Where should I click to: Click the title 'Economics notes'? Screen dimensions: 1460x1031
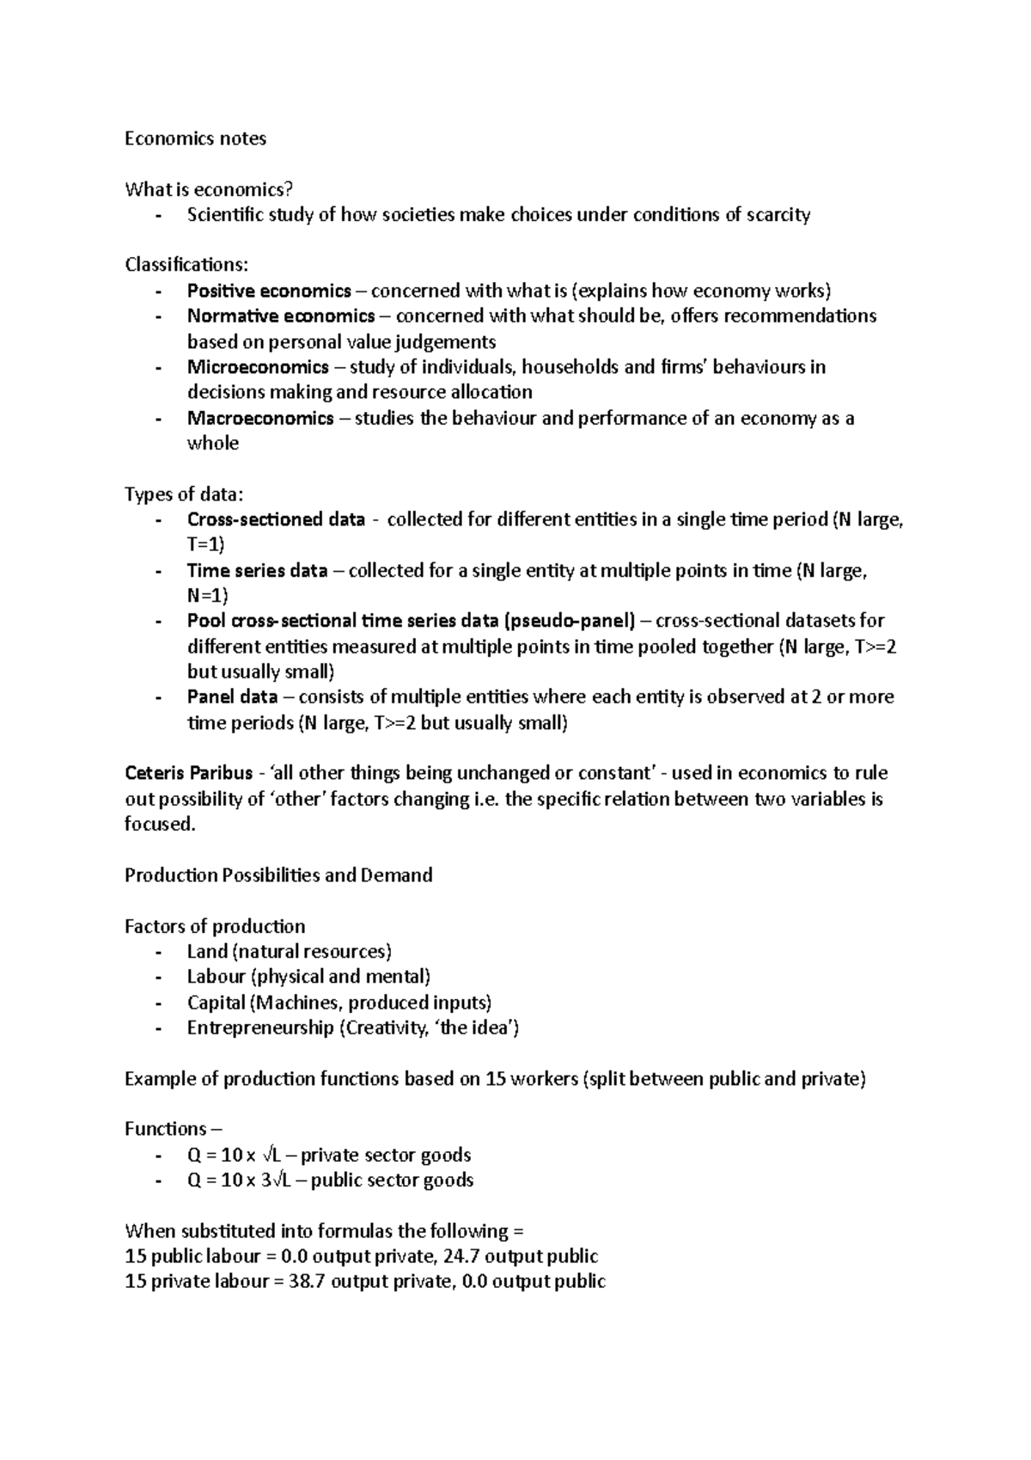click(x=195, y=138)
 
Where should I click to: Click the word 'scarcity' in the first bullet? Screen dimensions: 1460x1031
click(x=778, y=215)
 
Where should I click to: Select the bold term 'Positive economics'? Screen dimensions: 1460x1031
click(x=269, y=291)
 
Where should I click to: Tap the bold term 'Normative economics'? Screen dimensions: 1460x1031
click(x=281, y=316)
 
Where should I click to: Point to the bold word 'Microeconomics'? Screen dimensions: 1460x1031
click(x=258, y=367)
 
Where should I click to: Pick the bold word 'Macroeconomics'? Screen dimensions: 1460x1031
click(x=260, y=418)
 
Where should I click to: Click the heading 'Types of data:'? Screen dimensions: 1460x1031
click(x=184, y=494)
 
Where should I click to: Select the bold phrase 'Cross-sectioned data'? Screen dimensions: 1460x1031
click(x=276, y=519)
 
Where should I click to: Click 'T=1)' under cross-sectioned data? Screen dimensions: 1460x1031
click(x=205, y=544)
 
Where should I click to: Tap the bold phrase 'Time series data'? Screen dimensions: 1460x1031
click(x=257, y=570)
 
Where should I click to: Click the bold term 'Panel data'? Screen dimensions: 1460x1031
click(x=232, y=696)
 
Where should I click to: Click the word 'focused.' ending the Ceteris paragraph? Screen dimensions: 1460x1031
click(x=160, y=824)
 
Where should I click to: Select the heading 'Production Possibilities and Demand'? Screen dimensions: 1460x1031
click(x=278, y=875)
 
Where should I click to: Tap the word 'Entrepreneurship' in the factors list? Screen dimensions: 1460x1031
click(x=260, y=1028)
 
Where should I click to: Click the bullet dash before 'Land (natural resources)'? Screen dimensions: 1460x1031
click(x=158, y=952)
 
